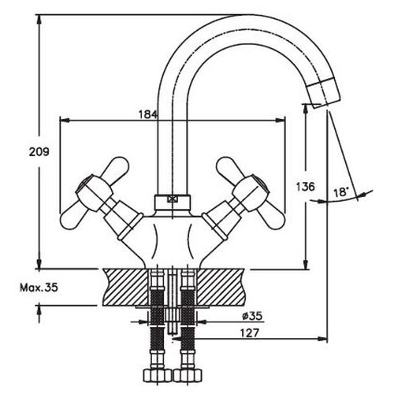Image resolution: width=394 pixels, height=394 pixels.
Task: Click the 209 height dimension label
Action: pyautogui.click(x=39, y=152)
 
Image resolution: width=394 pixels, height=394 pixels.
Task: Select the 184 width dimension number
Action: pyautogui.click(x=148, y=114)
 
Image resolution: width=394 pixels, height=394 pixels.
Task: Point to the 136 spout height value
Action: pyautogui.click(x=305, y=187)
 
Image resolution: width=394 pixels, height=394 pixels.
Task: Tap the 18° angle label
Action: pyautogui.click(x=340, y=192)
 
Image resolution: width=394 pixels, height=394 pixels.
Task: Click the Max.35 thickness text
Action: pyautogui.click(x=39, y=288)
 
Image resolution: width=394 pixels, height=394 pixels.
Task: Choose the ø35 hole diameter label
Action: pyautogui.click(x=252, y=316)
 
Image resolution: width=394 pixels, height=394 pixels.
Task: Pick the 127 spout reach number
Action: pyautogui.click(x=250, y=333)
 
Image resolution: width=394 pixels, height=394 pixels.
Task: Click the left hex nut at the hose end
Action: pyautogui.click(x=157, y=375)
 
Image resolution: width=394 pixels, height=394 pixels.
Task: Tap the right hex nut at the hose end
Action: pyautogui.click(x=188, y=375)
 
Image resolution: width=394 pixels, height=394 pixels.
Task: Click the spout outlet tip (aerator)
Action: pyautogui.click(x=325, y=93)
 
